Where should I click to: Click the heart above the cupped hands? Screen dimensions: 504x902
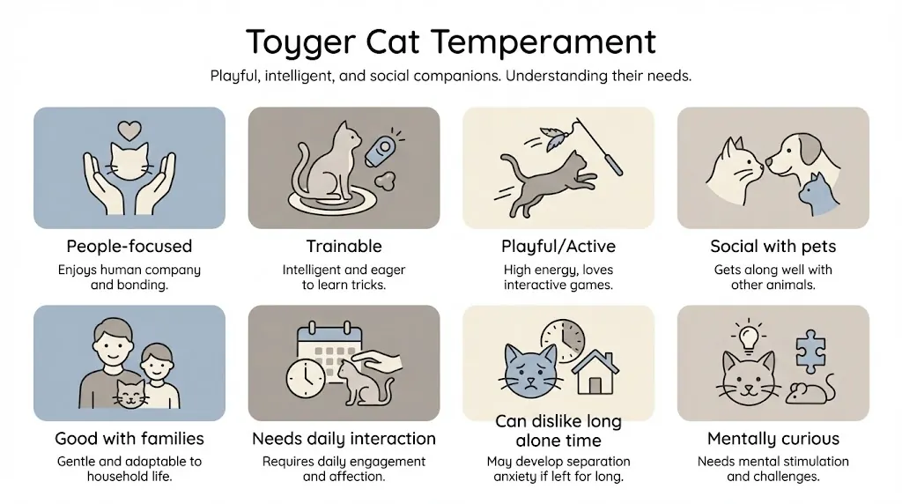click(129, 130)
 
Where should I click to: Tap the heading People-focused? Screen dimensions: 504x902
click(129, 246)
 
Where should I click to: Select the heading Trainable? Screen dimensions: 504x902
click(344, 246)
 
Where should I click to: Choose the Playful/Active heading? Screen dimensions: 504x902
click(558, 246)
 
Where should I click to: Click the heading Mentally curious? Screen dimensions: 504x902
click(773, 438)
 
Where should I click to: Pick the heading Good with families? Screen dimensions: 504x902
click(129, 438)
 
